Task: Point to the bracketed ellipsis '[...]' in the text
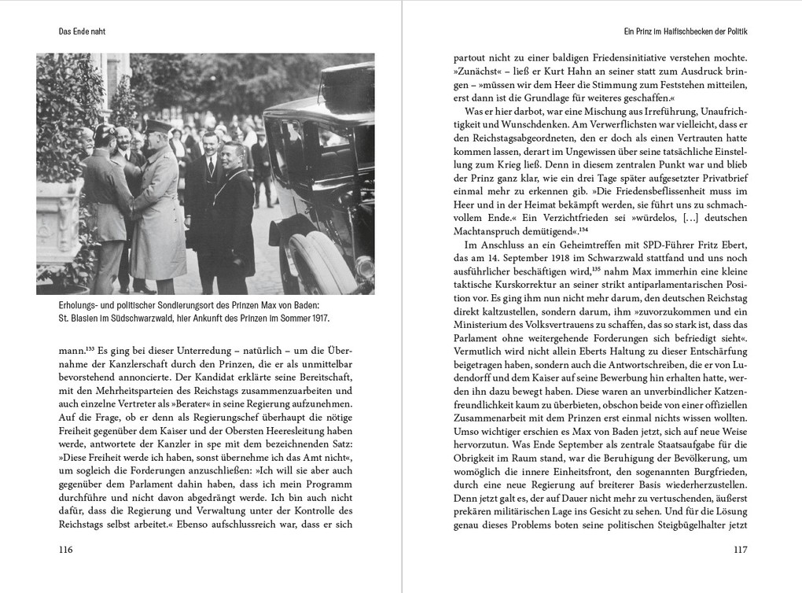(x=675, y=217)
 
